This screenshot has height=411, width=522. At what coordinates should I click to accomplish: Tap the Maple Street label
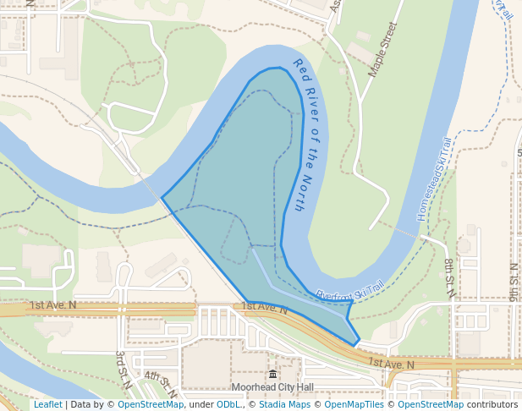(382, 51)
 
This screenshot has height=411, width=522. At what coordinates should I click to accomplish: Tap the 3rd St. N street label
(124, 369)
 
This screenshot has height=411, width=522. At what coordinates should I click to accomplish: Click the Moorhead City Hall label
(272, 387)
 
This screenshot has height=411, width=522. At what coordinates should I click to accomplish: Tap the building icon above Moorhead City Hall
(272, 375)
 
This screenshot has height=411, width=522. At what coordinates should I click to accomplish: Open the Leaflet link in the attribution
(47, 404)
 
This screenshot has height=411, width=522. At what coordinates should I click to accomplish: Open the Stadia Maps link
(284, 404)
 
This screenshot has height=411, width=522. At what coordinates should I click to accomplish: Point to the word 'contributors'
(492, 404)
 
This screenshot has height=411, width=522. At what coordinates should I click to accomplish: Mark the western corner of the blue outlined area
(162, 199)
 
